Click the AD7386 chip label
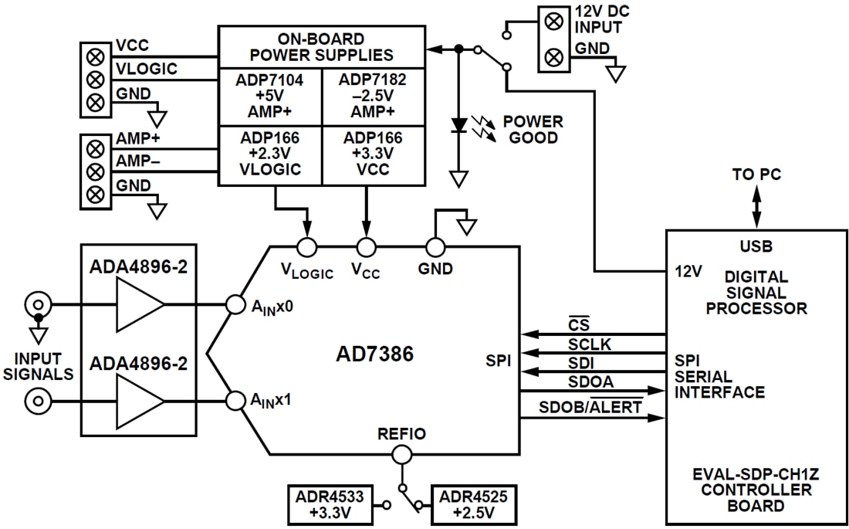click(x=375, y=354)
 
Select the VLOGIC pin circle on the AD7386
click(x=307, y=247)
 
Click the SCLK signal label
click(x=589, y=345)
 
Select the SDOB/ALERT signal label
click(x=590, y=407)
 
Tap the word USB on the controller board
click(x=756, y=247)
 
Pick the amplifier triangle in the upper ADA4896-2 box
click(x=140, y=304)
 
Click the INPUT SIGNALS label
click(x=38, y=367)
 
